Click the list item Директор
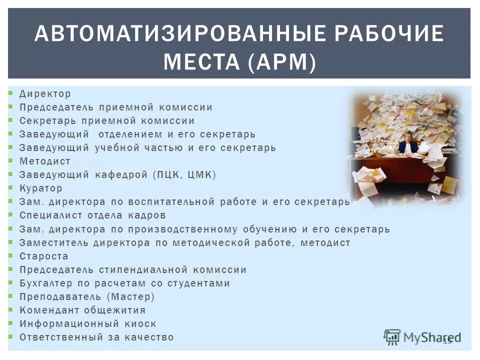coord(45,94)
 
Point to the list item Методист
coord(45,161)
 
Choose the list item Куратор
coord(41,188)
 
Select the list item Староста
coord(44,256)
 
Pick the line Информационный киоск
coord(88,323)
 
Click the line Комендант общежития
coord(82,310)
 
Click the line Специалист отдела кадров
coord(92,215)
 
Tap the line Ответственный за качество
coord(96,337)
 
